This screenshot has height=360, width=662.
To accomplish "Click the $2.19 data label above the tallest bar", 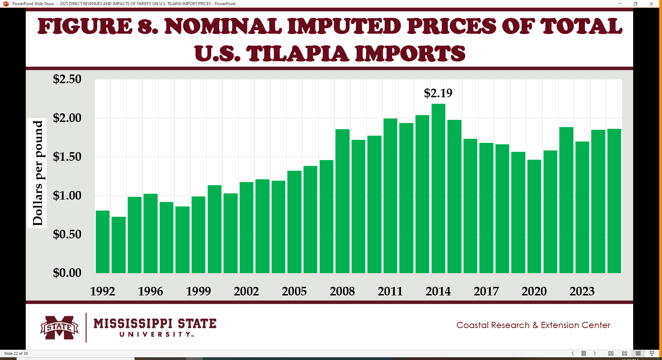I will (438, 93).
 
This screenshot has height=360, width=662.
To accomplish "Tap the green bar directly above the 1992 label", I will (103, 242).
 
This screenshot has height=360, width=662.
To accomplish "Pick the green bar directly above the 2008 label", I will (342, 201).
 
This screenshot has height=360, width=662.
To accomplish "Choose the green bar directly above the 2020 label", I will (534, 216).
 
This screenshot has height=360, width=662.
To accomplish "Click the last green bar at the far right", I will (614, 201).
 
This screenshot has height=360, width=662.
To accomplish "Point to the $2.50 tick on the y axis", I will (67, 79).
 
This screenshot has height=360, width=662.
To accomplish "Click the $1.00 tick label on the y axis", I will (67, 195).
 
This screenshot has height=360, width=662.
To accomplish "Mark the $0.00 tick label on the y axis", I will (67, 273).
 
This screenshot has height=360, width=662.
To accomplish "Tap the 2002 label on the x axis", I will (246, 291).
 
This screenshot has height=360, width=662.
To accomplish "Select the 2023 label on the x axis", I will (582, 291).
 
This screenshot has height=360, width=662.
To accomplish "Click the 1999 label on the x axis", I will (198, 291).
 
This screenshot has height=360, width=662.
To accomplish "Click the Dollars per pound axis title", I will (37, 173).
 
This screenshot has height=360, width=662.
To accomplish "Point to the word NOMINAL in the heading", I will (224, 26).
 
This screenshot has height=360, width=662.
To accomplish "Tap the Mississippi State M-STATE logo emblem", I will (59, 327).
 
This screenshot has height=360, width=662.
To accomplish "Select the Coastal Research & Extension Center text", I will (533, 325).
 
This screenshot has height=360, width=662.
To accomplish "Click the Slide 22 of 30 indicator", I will (16, 353).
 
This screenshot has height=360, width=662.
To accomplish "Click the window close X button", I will (651, 4).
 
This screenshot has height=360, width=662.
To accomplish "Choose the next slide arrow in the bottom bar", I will (594, 353).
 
